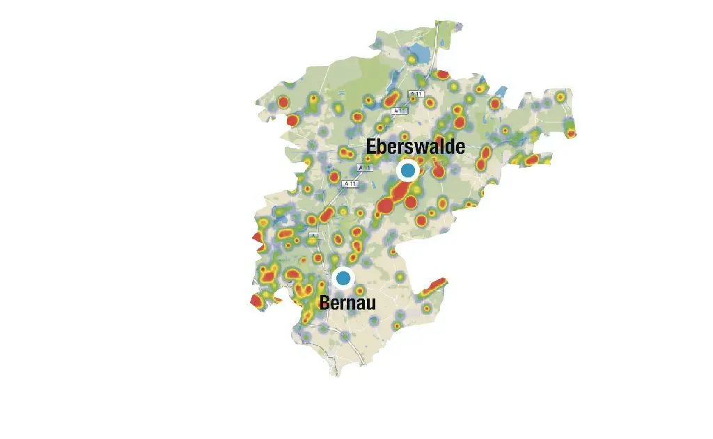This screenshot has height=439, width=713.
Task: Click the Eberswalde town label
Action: pos(416,147)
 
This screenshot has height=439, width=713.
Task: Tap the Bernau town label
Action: pos(347,302)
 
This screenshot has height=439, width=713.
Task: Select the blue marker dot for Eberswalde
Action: pos(407,170)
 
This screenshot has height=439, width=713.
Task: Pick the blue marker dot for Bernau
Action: pos(343,278)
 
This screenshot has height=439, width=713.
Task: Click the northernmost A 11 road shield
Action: pos(416,94)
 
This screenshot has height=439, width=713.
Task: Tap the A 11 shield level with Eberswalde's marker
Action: pos(364,168)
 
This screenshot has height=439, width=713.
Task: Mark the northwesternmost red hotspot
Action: pos(283,103)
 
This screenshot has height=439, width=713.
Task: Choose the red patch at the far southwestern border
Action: pos(256,301)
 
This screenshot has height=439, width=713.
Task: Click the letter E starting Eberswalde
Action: pos(373,147)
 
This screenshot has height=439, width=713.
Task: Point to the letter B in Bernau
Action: pos(324,302)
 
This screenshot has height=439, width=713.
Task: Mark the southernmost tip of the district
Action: pos(337,374)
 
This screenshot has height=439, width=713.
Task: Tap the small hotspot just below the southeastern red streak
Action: pos(426,308)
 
